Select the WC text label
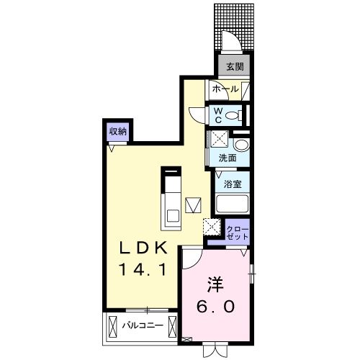(x=217, y=114)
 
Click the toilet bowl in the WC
(x=232, y=115)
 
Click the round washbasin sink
(x=240, y=145)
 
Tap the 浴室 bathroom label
(x=231, y=183)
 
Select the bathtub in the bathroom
(x=232, y=206)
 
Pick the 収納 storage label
(x=118, y=131)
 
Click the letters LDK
(x=143, y=248)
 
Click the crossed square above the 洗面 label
(x=217, y=140)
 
